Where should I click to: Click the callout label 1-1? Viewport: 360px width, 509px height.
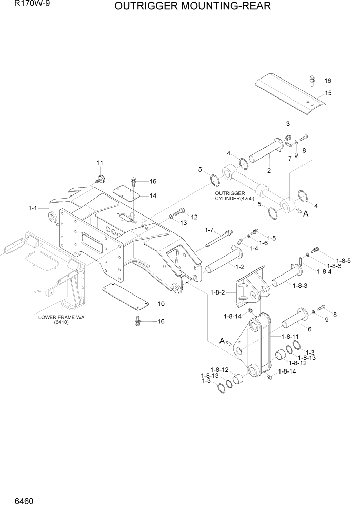point(33,208)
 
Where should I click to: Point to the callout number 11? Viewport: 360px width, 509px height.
point(100,163)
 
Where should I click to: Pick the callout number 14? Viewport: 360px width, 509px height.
point(153,195)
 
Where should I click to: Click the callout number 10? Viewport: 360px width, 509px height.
point(161,304)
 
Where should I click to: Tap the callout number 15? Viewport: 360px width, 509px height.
point(328,93)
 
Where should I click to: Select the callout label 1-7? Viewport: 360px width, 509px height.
point(210,230)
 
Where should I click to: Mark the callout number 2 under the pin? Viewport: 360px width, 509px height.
point(269,170)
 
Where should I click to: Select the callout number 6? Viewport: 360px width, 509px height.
point(310,329)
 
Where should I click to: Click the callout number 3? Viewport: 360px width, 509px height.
point(288,124)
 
